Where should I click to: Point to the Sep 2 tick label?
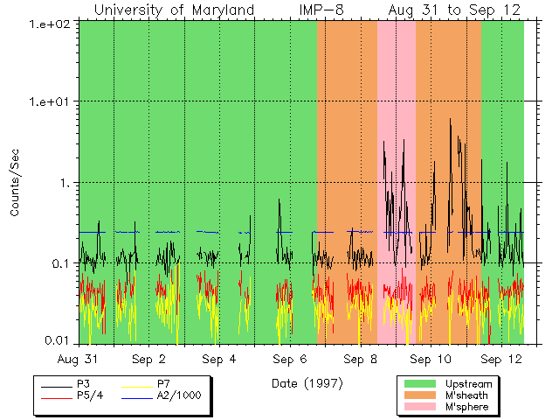pyautogui.click(x=149, y=359)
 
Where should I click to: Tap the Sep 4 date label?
pyautogui.click(x=219, y=359)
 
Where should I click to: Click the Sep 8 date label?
pyautogui.click(x=360, y=359)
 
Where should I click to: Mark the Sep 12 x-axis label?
pyautogui.click(x=500, y=359)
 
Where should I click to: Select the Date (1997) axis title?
pyautogui.click(x=307, y=382)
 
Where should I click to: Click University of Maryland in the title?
pyautogui.click(x=175, y=10)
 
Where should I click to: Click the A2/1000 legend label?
pyautogui.click(x=179, y=395)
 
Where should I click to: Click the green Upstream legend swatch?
pyautogui.click(x=420, y=383)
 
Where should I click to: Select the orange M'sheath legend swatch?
pyautogui.click(x=420, y=395)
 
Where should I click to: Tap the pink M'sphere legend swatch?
pyautogui.click(x=420, y=407)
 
